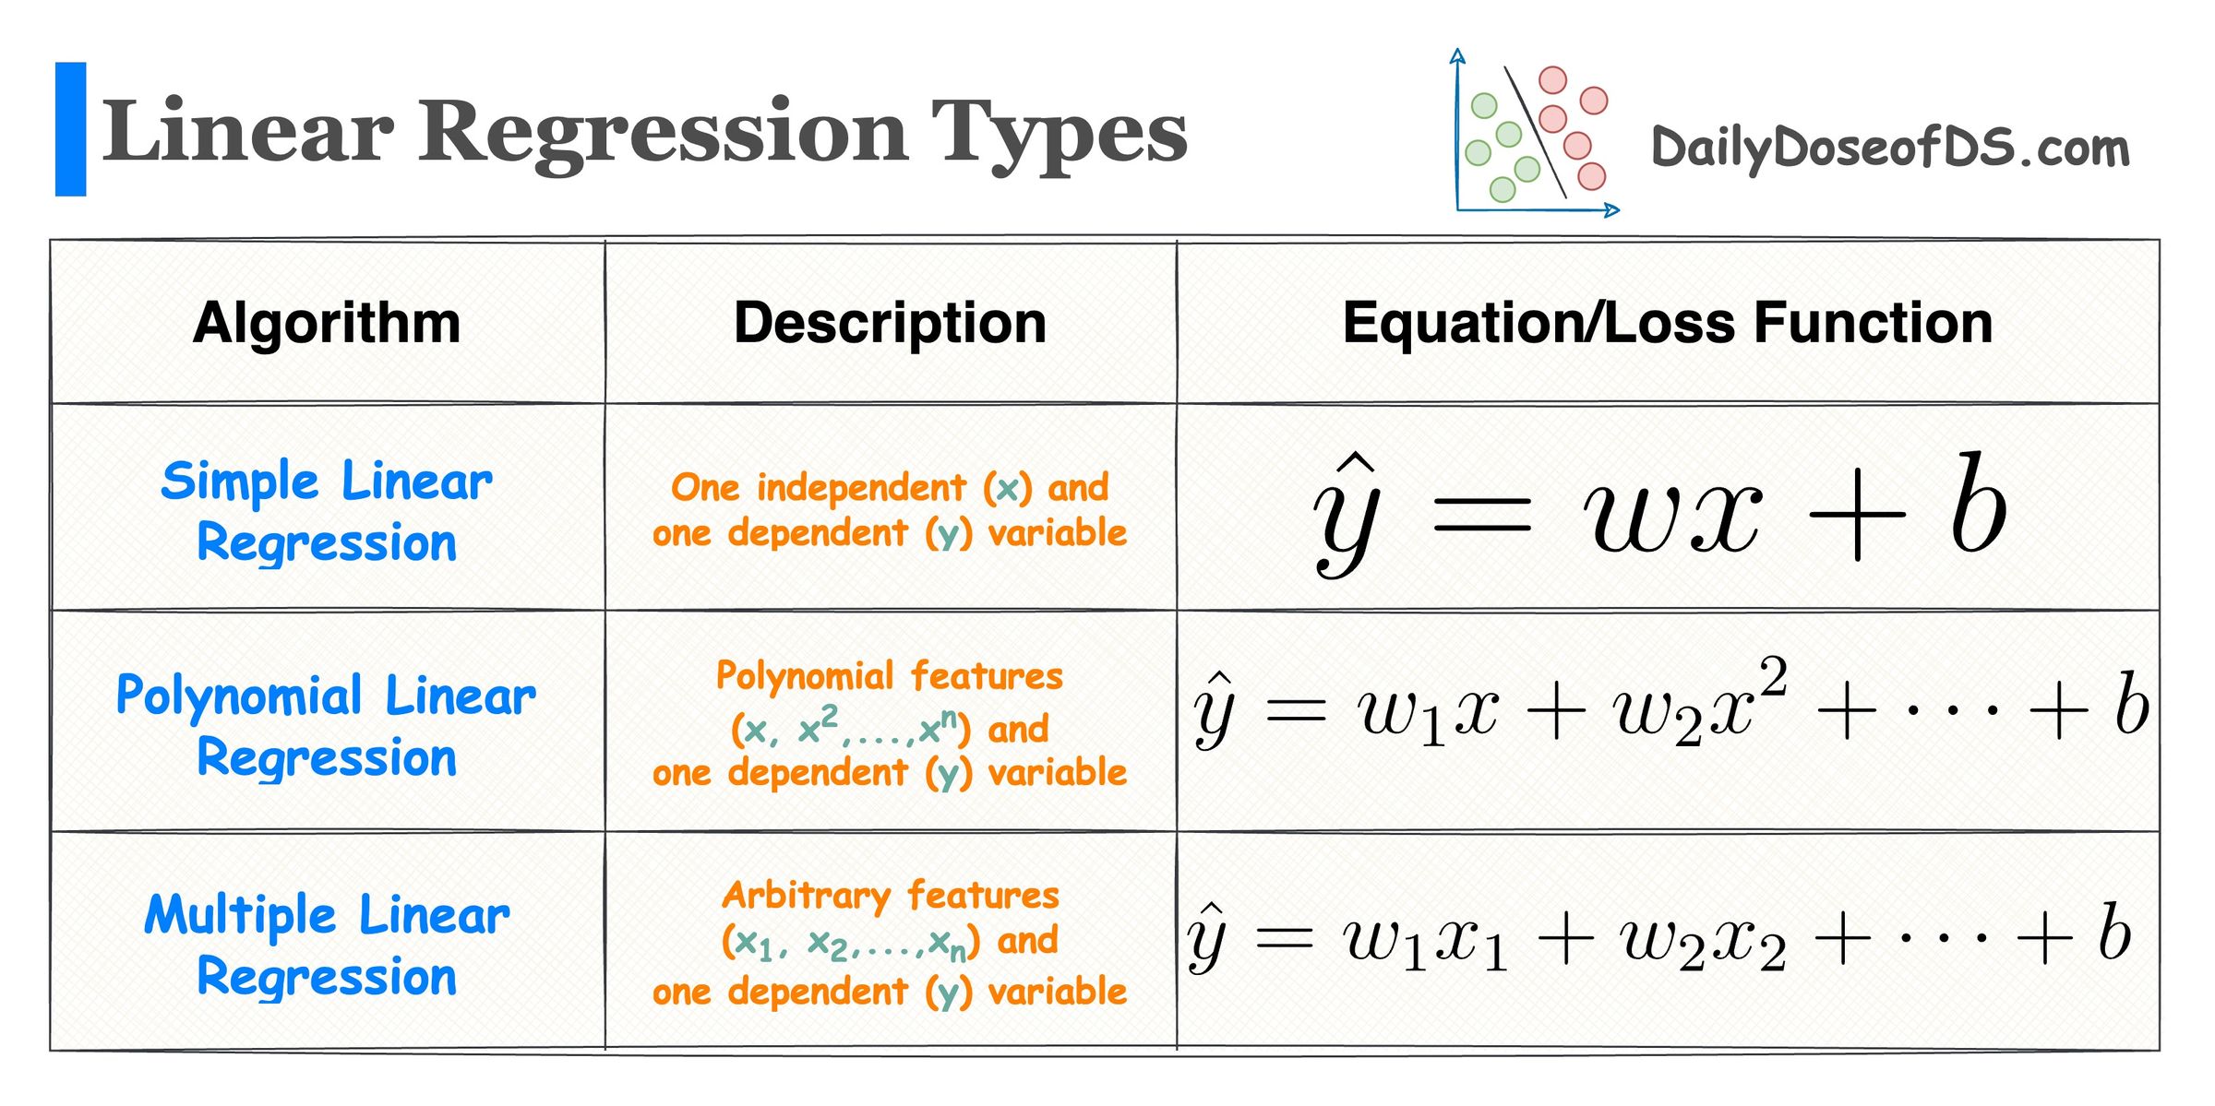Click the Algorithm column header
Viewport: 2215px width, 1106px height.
(x=327, y=323)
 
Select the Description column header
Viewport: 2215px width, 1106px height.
(x=890, y=323)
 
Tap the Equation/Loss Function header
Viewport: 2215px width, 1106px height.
(x=1667, y=323)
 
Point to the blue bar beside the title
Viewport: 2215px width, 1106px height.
(x=70, y=129)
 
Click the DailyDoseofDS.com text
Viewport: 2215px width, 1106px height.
(x=1889, y=148)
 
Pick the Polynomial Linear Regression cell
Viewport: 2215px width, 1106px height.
(x=327, y=725)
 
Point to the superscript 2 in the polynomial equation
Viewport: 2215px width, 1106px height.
(x=1773, y=676)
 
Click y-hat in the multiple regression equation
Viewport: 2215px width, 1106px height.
(x=1207, y=936)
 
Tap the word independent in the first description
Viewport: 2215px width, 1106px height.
(x=861, y=487)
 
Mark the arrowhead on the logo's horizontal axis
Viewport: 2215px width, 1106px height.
(x=1611, y=210)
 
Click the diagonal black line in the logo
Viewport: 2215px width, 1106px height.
(x=1536, y=132)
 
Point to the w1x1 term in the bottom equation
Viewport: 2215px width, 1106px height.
(x=1425, y=941)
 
